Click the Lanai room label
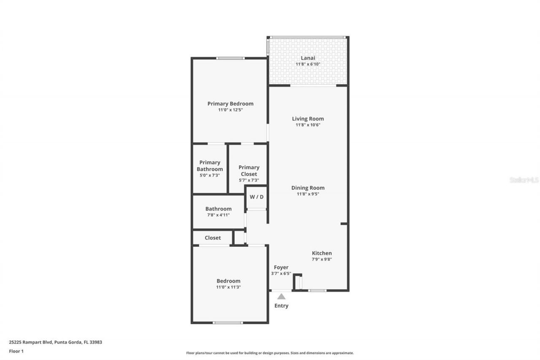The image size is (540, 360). (308, 58)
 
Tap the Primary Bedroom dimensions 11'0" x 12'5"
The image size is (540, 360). (230, 110)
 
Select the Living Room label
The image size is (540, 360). (308, 119)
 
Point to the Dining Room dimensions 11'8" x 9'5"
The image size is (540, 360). (308, 194)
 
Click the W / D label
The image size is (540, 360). (256, 197)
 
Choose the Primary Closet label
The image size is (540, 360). (249, 171)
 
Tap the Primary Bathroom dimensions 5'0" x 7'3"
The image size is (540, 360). (210, 175)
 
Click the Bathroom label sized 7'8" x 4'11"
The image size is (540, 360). (218, 208)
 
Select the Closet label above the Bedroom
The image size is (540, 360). (213, 238)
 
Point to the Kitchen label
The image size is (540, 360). (321, 253)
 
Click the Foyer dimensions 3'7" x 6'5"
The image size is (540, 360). (281, 273)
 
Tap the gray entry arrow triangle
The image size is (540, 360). (281, 297)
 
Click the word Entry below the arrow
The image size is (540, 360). (281, 306)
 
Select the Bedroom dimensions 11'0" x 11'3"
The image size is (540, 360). (229, 287)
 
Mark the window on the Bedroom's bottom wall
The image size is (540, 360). (228, 323)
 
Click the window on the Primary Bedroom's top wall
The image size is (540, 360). (230, 58)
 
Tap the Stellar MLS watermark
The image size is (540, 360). (524, 180)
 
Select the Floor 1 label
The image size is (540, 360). (16, 351)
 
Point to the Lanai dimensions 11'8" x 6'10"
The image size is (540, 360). (308, 64)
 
